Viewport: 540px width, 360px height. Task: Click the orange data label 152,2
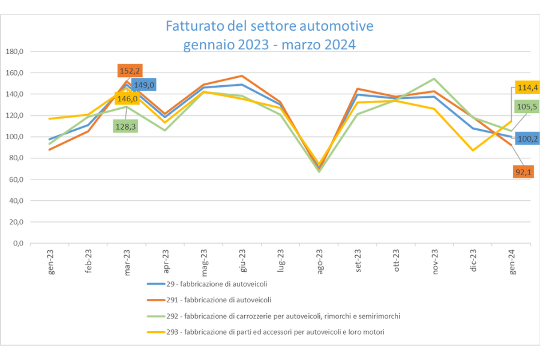click(x=130, y=71)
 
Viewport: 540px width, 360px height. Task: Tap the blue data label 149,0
click(x=143, y=85)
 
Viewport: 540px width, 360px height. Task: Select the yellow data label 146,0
click(x=127, y=99)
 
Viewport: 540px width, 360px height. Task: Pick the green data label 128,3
click(x=125, y=126)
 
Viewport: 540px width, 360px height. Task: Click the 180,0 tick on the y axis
click(x=14, y=52)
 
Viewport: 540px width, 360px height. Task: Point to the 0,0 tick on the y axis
click(x=18, y=244)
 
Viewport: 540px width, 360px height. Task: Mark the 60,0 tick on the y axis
click(x=16, y=179)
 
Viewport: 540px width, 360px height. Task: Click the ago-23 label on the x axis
click(x=320, y=263)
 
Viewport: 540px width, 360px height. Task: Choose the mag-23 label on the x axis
click(x=205, y=263)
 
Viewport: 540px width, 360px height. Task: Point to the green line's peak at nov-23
click(x=434, y=79)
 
